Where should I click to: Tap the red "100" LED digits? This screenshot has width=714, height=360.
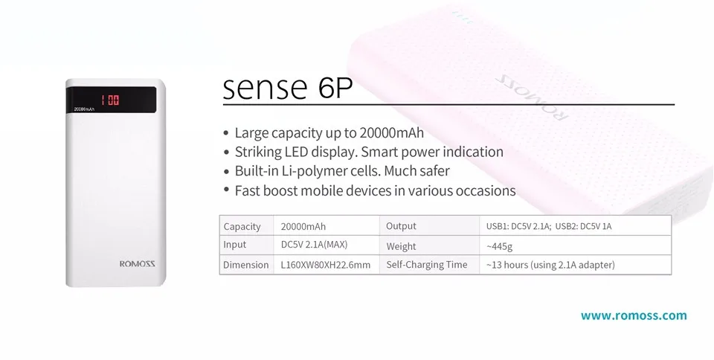pos(110,100)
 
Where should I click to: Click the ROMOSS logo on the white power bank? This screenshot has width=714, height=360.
pos(138,263)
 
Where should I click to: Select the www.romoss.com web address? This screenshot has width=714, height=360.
pos(634,315)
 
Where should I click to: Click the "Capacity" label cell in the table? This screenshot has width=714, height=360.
pos(246,225)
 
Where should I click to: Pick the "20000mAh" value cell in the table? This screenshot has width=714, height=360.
pos(327,225)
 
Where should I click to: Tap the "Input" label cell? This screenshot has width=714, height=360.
pos(246,245)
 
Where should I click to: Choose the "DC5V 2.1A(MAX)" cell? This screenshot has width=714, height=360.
pos(327,245)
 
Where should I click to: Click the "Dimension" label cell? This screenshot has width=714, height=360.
pos(246,265)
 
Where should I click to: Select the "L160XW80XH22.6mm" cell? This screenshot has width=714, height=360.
pos(327,265)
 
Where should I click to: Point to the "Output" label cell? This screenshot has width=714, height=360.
pos(429,225)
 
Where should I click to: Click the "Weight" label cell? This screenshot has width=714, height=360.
pos(429,245)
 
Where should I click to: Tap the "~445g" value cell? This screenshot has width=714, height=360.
pos(575,245)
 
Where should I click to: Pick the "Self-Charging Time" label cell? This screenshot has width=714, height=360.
pos(429,265)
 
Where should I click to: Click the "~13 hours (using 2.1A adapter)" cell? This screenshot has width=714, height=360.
pos(575,265)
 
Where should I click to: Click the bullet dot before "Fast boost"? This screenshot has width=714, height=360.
pos(226,189)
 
